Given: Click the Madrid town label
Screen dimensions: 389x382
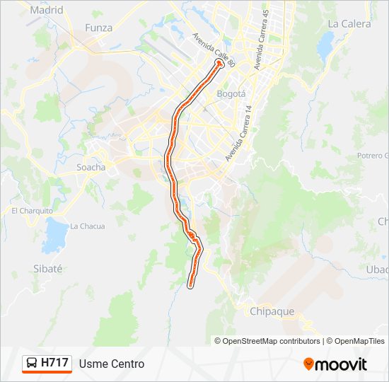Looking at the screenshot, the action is (x=47, y=11).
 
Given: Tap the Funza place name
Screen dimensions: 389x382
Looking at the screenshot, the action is (x=98, y=28).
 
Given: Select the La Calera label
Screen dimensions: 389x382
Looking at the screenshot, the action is (x=349, y=23).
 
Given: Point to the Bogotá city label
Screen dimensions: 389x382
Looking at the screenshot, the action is (x=231, y=93).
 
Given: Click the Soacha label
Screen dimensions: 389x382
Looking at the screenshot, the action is (x=91, y=168).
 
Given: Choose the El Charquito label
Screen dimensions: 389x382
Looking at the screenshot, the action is (x=32, y=211).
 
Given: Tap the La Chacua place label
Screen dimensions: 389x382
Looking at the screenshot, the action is (x=87, y=226).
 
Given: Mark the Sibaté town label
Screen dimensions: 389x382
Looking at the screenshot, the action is (x=48, y=269).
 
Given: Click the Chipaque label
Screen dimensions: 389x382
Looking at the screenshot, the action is (x=272, y=311).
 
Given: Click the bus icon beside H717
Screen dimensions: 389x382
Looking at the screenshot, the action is (x=32, y=364).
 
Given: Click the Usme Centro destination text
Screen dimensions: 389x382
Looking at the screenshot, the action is (x=112, y=364).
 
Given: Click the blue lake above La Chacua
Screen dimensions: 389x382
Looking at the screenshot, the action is (x=54, y=231).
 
